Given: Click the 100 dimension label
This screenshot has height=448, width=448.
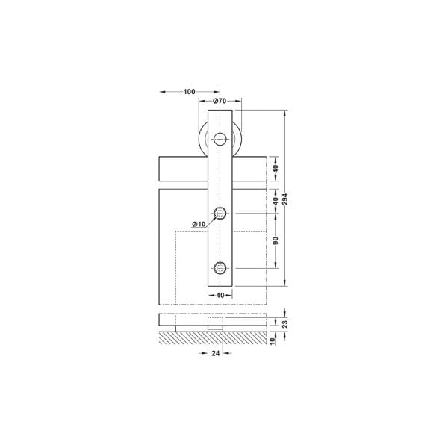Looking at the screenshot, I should [x=188, y=92].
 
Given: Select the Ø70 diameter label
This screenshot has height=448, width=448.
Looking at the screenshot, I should [x=220, y=100].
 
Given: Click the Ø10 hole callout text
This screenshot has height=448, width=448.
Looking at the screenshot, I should [x=199, y=224].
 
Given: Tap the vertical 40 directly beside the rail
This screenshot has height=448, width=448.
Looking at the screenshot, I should [x=276, y=170].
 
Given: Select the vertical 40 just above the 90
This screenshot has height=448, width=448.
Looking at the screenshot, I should [x=276, y=202].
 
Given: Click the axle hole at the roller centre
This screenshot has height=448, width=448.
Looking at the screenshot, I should [x=220, y=139].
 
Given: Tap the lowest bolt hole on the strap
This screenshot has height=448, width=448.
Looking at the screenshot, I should [x=220, y=267].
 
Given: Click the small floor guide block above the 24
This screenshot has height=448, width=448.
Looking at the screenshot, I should [x=215, y=327].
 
